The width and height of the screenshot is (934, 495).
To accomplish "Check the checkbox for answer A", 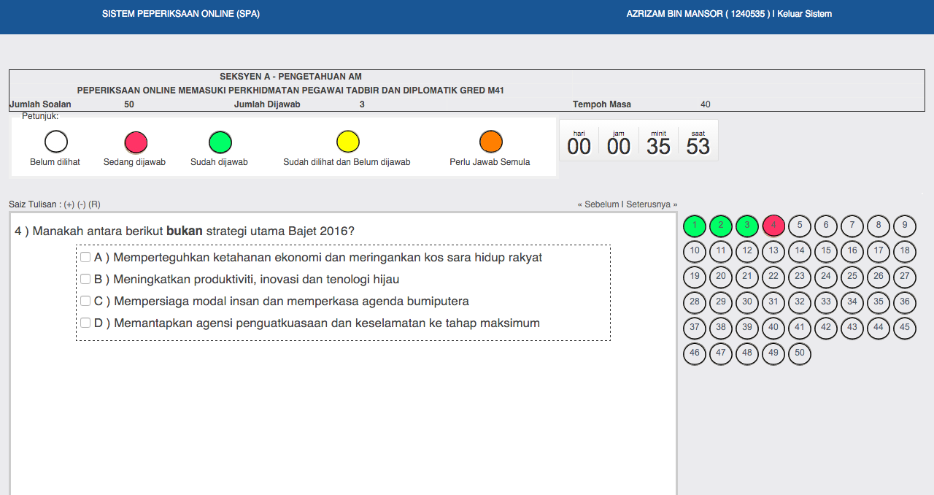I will click(85, 257).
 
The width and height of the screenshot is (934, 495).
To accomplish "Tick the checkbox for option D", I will click(85, 323).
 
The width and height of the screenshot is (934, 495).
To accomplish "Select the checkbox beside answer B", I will click(85, 279).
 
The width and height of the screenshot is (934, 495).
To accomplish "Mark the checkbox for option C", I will click(85, 301).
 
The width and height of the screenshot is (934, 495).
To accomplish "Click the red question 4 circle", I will click(773, 226).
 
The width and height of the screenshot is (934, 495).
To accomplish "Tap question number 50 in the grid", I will click(800, 353).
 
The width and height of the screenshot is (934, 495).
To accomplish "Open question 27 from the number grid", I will click(905, 277).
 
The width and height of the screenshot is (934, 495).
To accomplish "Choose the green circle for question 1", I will click(695, 226).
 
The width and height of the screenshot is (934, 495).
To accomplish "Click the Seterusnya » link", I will click(652, 204).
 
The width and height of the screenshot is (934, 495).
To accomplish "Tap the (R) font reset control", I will click(94, 204).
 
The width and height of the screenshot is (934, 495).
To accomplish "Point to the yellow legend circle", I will click(347, 142).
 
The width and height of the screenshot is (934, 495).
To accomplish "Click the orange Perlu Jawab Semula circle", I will click(490, 142).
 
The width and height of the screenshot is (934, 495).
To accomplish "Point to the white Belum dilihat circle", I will click(56, 142).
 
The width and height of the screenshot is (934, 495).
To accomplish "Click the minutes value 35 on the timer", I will click(658, 146).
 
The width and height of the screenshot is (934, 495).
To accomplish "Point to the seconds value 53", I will click(698, 146).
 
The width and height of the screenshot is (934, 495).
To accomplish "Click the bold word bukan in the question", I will click(184, 231).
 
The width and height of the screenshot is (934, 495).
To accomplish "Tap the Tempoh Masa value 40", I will click(705, 104).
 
